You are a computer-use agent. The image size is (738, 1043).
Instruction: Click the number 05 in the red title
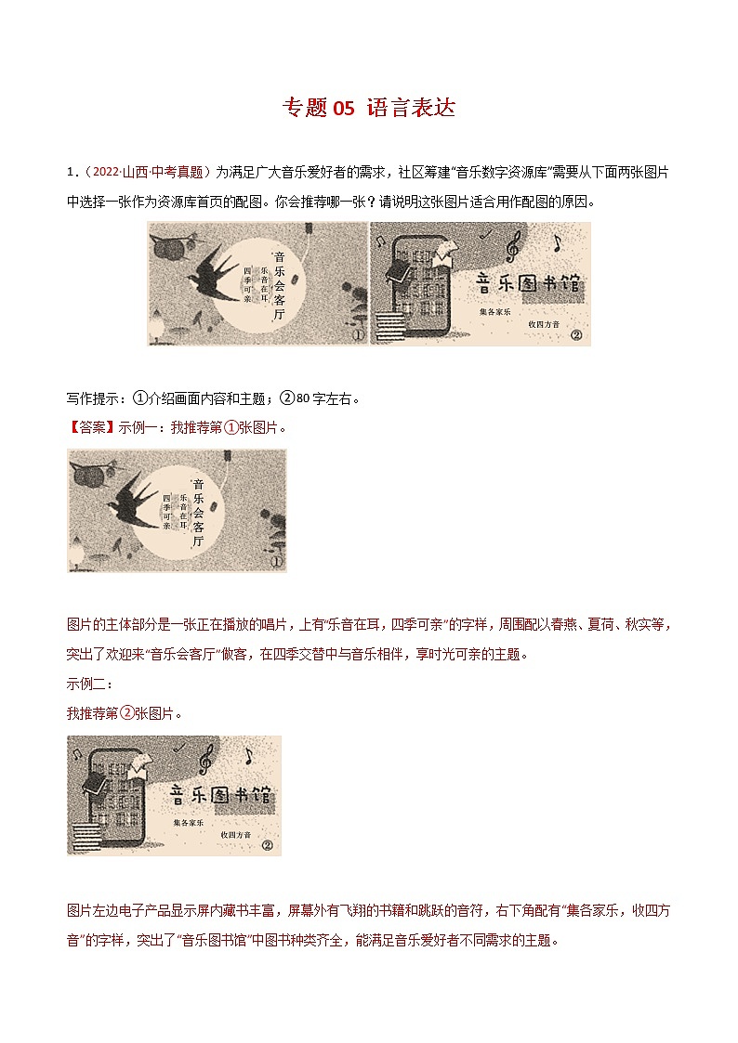click(343, 109)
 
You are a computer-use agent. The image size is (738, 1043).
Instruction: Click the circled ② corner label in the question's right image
click(575, 335)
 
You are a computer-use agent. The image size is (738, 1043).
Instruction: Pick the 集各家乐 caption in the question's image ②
click(495, 312)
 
